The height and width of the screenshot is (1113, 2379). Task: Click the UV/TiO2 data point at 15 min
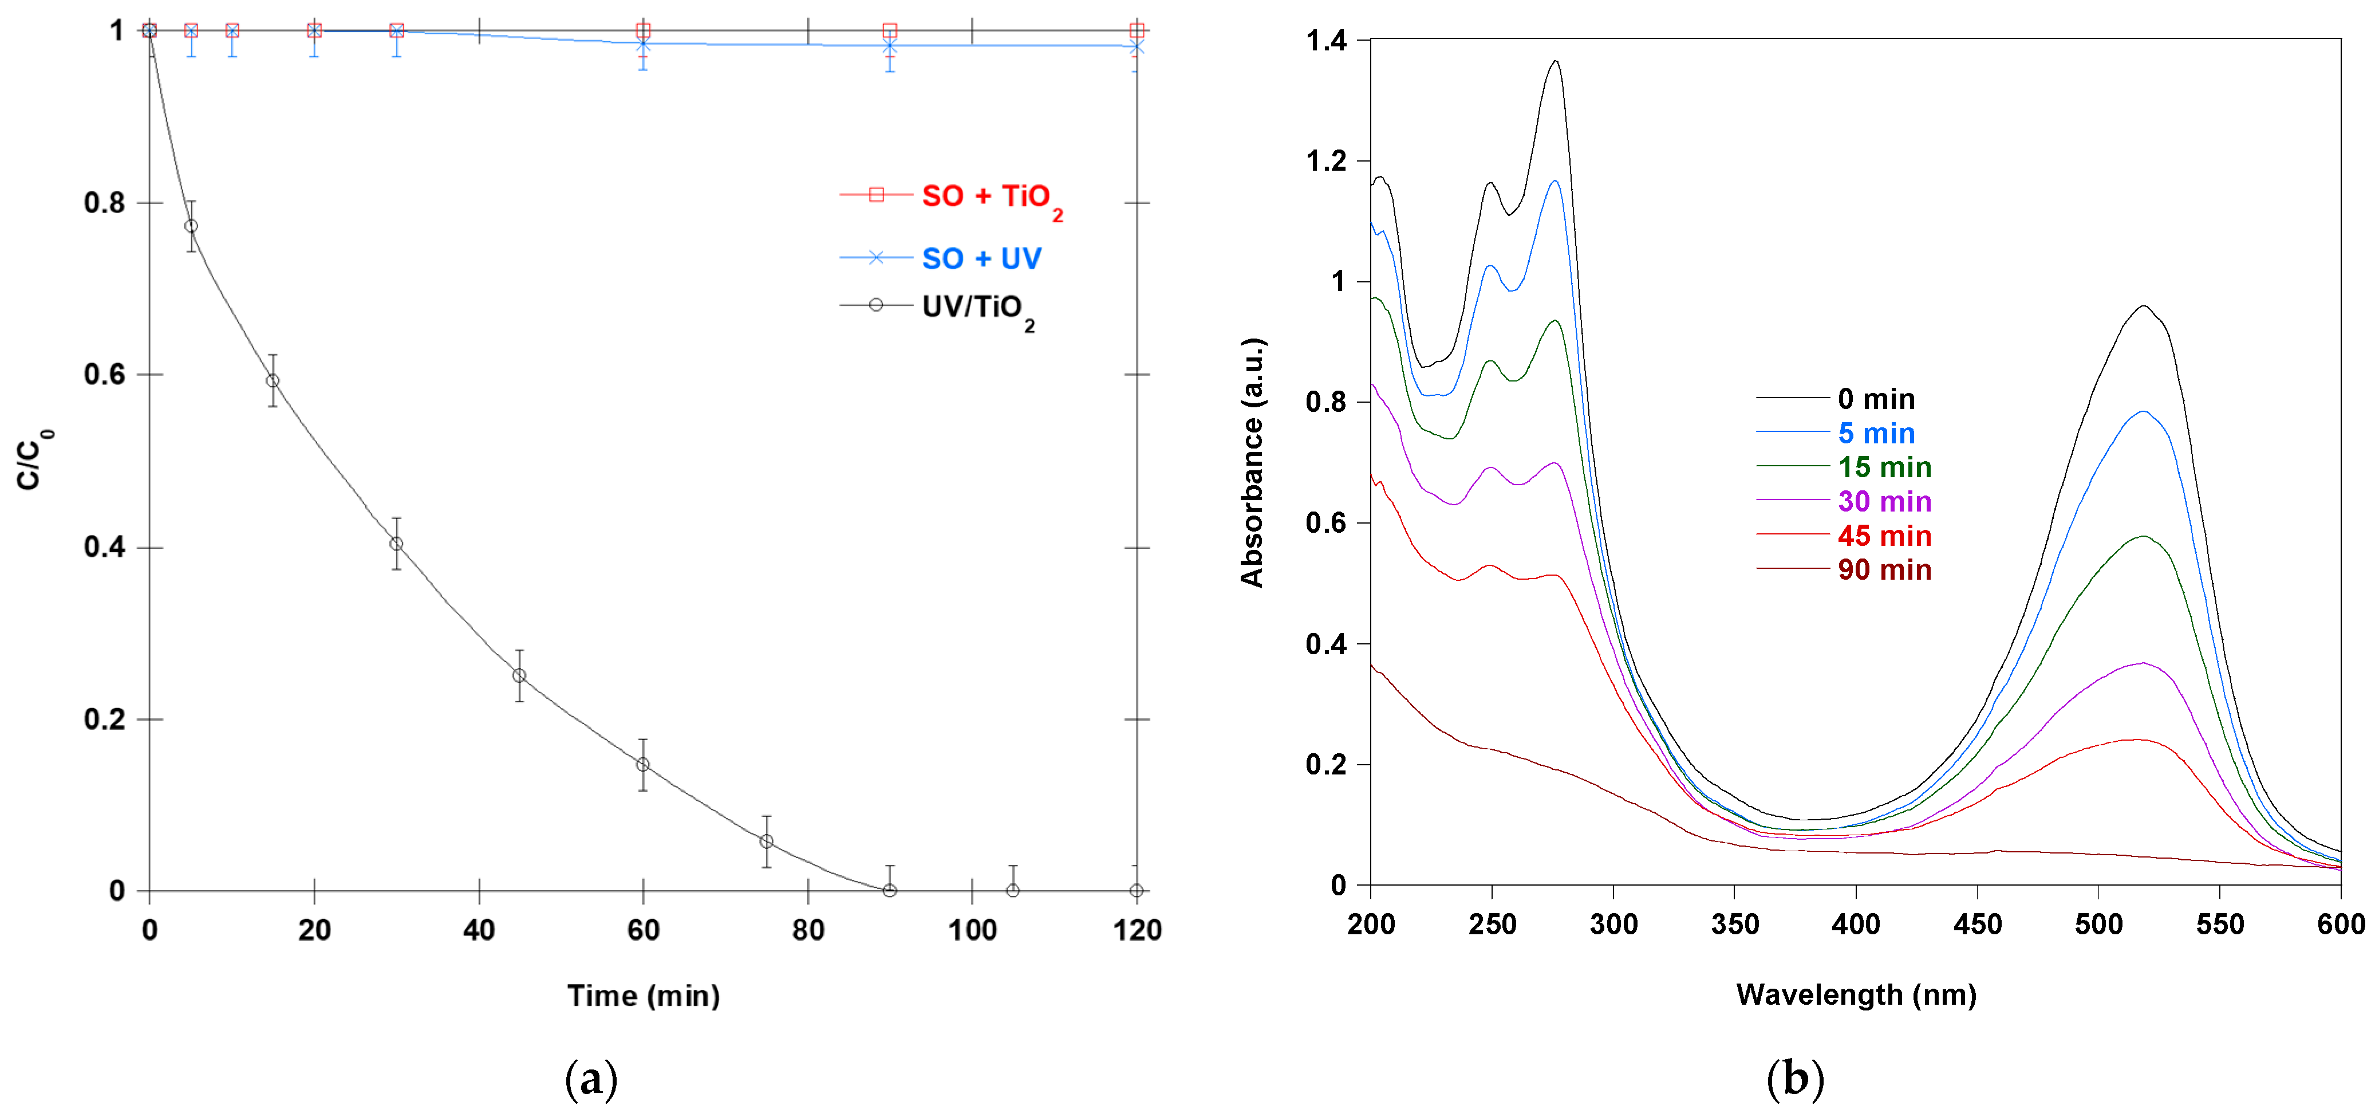click(273, 380)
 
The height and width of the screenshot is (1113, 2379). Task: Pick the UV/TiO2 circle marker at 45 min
click(519, 675)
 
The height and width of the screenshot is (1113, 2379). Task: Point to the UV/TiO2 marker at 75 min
click(766, 841)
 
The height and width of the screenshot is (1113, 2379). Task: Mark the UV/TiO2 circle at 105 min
click(1012, 890)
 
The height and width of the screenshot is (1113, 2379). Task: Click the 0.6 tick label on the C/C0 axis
click(104, 375)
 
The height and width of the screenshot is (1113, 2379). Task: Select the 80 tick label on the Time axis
click(807, 930)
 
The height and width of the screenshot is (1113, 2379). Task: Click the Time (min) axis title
click(643, 996)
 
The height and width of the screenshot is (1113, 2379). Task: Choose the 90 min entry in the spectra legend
click(1884, 570)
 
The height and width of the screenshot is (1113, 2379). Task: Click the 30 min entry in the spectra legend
click(1884, 502)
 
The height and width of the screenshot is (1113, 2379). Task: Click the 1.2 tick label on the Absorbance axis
click(1325, 162)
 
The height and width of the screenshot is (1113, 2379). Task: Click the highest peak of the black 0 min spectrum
click(1555, 62)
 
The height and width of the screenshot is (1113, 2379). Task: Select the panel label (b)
click(1794, 1079)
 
